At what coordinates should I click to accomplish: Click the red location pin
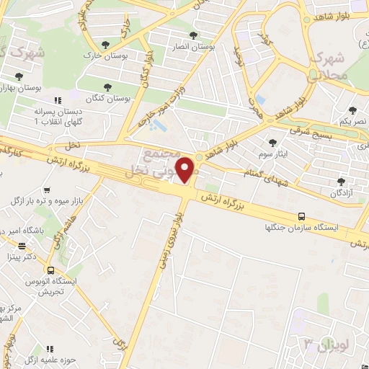[187, 169]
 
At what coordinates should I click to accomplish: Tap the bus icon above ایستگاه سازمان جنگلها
[301, 216]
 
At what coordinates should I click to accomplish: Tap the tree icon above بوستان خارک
[107, 45]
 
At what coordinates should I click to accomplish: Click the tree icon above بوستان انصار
[192, 35]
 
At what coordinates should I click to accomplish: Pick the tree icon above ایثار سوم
[272, 142]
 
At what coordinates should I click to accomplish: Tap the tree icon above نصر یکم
[352, 110]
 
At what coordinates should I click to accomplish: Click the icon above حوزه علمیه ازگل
[50, 349]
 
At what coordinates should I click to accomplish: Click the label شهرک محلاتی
[332, 65]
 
